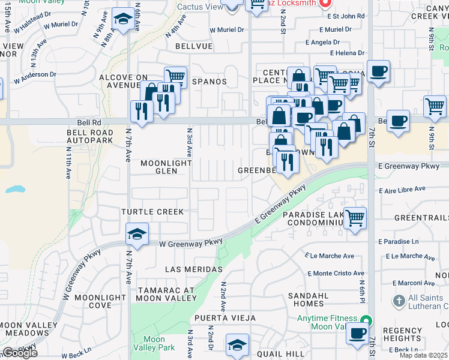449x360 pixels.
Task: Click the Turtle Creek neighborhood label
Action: click(151, 212)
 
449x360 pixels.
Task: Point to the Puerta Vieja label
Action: click(224, 318)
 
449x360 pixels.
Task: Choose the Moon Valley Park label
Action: click(154, 343)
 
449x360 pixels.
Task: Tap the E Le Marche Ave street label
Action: click(329, 256)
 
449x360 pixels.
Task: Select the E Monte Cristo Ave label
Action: click(339, 273)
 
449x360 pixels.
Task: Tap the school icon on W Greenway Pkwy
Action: click(137, 233)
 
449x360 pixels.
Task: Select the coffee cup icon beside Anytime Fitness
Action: click(357, 333)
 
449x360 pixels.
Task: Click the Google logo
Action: click(20, 353)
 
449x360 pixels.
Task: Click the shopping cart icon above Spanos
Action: click(175, 77)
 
